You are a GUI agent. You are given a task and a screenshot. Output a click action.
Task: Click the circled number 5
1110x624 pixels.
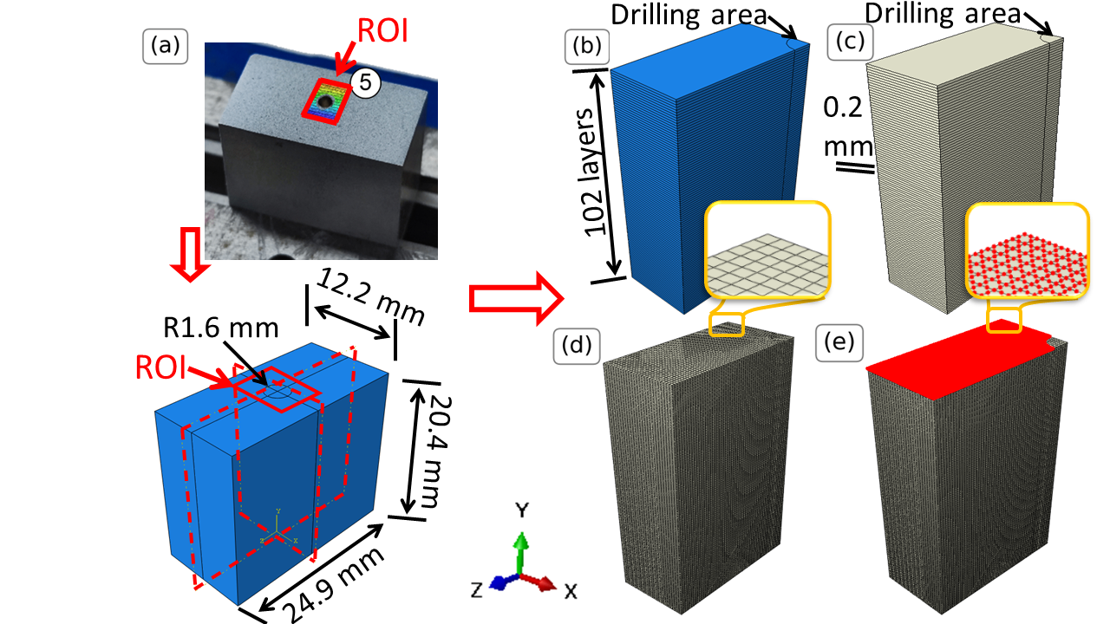pyautogui.click(x=366, y=83)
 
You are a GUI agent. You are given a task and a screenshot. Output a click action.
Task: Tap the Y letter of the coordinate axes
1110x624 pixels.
pyautogui.click(x=522, y=510)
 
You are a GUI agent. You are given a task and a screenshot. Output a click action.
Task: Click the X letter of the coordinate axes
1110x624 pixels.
pyautogui.click(x=571, y=591)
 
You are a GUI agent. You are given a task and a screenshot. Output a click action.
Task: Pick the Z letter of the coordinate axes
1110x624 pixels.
pyautogui.click(x=476, y=590)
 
